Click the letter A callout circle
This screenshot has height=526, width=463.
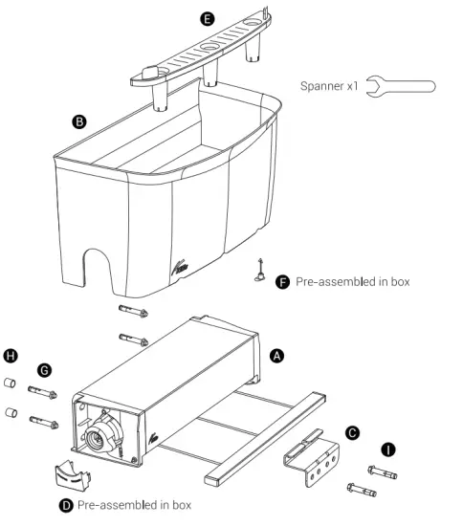[278, 355]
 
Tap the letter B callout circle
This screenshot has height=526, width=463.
[80, 121]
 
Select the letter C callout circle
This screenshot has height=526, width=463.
[353, 433]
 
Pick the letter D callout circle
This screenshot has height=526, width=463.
[66, 504]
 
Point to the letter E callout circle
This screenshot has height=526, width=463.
[209, 18]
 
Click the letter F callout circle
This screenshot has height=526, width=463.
[283, 282]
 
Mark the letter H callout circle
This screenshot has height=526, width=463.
[11, 355]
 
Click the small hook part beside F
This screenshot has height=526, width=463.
[259, 272]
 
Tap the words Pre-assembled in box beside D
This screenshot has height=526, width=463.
[134, 504]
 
